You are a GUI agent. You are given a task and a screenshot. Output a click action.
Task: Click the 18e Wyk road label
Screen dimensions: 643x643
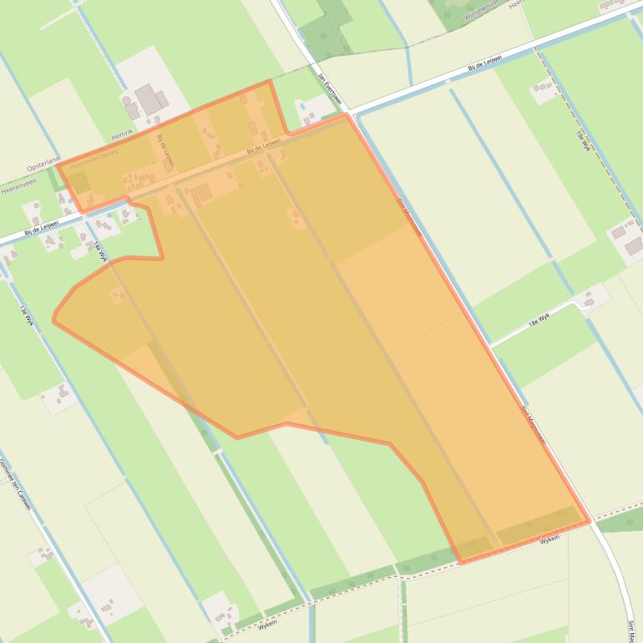(539, 318)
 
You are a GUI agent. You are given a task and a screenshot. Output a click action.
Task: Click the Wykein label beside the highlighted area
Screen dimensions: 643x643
(549, 540)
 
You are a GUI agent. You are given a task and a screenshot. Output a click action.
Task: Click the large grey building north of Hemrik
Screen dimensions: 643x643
(149, 99)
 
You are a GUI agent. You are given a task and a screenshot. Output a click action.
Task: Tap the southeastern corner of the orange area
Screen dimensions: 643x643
(590, 521)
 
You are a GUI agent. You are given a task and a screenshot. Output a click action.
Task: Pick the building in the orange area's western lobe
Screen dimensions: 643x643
(119, 293)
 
